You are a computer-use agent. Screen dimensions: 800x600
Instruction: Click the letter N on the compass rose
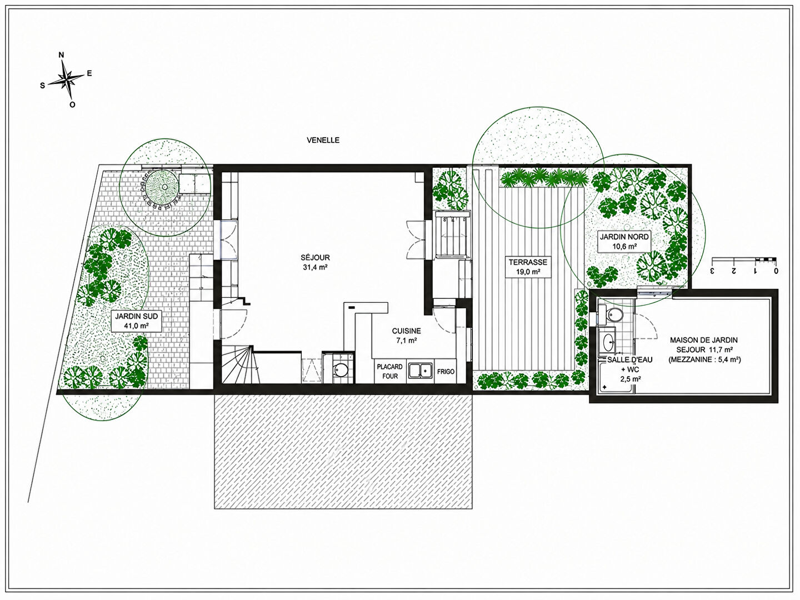pyautogui.click(x=61, y=55)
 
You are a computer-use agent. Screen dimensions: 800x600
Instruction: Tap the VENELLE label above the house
pyautogui.click(x=323, y=140)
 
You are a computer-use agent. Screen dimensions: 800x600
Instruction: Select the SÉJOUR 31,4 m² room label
pyautogui.click(x=315, y=262)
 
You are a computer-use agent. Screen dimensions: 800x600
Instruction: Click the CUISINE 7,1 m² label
pyautogui.click(x=406, y=336)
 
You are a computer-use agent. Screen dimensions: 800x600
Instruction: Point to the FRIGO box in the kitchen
pyautogui.click(x=446, y=372)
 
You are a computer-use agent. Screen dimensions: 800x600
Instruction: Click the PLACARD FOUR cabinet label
pyautogui.click(x=389, y=372)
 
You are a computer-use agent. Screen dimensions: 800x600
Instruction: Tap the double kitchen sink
pyautogui.click(x=420, y=371)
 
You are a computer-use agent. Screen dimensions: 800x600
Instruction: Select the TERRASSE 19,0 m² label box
pyautogui.click(x=528, y=267)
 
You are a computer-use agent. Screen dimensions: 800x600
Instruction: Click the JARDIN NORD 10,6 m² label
pyautogui.click(x=624, y=241)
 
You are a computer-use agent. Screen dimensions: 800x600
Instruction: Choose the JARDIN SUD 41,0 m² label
pyautogui.click(x=136, y=321)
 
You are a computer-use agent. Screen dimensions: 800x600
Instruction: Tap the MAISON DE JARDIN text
pyautogui.click(x=704, y=340)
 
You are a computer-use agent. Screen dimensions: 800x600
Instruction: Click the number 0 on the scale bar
pyautogui.click(x=776, y=272)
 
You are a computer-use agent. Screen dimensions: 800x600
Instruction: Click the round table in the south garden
pyautogui.click(x=164, y=187)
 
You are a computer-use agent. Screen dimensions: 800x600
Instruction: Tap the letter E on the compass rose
pyautogui.click(x=89, y=73)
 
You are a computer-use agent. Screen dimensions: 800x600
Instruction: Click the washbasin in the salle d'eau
pyautogui.click(x=608, y=342)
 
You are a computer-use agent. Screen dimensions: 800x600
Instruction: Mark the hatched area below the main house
pyautogui.click(x=343, y=451)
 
